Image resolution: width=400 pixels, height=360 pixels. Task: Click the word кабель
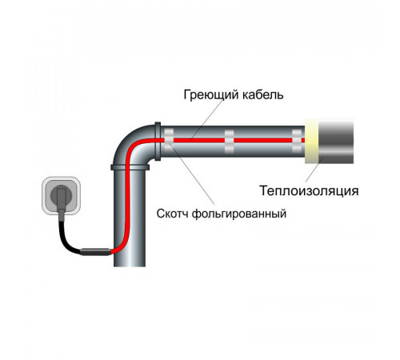pyautogui.click(x=262, y=94)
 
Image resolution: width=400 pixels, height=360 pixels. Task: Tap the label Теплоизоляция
pyautogui.click(x=309, y=191)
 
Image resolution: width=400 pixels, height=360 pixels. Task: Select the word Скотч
pyautogui.click(x=172, y=214)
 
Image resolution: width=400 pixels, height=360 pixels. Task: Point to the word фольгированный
pyautogui.click(x=239, y=214)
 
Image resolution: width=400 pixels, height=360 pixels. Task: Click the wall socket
pyautogui.click(x=61, y=196)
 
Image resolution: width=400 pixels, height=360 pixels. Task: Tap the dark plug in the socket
pyautogui.click(x=62, y=198)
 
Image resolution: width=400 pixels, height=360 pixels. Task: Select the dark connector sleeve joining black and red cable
pyautogui.click(x=95, y=252)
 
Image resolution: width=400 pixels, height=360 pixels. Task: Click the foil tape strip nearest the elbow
pyautogui.click(x=169, y=141)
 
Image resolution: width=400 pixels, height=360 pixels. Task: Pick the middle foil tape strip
pyautogui.click(x=229, y=142)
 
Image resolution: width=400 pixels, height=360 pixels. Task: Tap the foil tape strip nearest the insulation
pyautogui.click(x=297, y=141)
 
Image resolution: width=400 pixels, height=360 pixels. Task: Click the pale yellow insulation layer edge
pyautogui.click(x=311, y=142)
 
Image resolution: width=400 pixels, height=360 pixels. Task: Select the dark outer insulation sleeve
pyautogui.click(x=336, y=142)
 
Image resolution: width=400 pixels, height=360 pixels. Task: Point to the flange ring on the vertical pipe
pyautogui.click(x=130, y=167)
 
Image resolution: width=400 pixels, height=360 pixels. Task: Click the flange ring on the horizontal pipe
pyautogui.click(x=158, y=142)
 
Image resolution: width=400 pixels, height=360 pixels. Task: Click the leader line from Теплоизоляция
pyautogui.click(x=314, y=170)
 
